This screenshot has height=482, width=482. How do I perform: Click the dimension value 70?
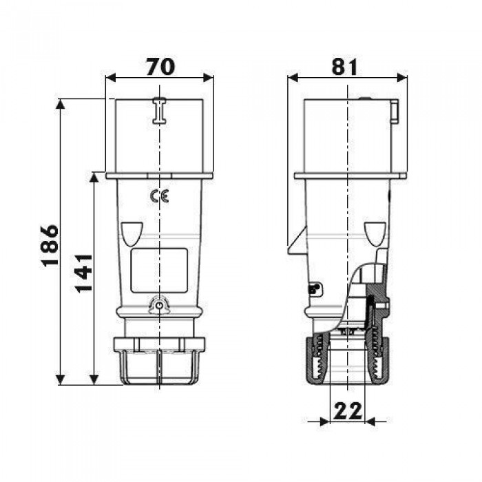tap(160, 67)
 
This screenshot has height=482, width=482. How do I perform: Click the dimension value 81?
tap(344, 67)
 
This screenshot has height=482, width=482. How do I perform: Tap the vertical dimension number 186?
tap(50, 246)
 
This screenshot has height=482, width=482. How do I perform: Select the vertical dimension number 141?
tap(83, 273)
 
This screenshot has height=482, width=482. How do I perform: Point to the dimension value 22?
tap(348, 411)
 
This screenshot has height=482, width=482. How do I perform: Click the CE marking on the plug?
tap(159, 196)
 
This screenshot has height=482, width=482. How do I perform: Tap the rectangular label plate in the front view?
tap(159, 270)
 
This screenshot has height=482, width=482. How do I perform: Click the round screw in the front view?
tap(159, 306)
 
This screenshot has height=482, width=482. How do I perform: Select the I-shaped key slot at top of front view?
tap(159, 111)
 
